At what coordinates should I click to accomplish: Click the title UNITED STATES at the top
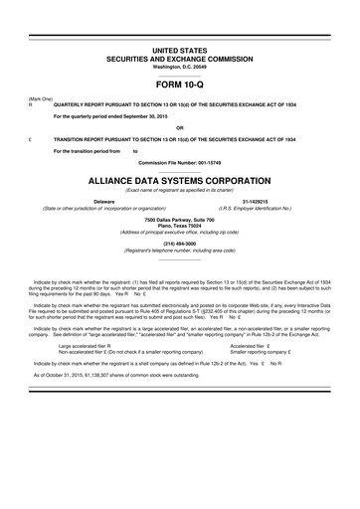point(179,48)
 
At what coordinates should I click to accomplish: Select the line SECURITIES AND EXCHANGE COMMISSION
point(179,57)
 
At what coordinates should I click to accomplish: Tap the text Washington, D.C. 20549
point(179,65)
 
